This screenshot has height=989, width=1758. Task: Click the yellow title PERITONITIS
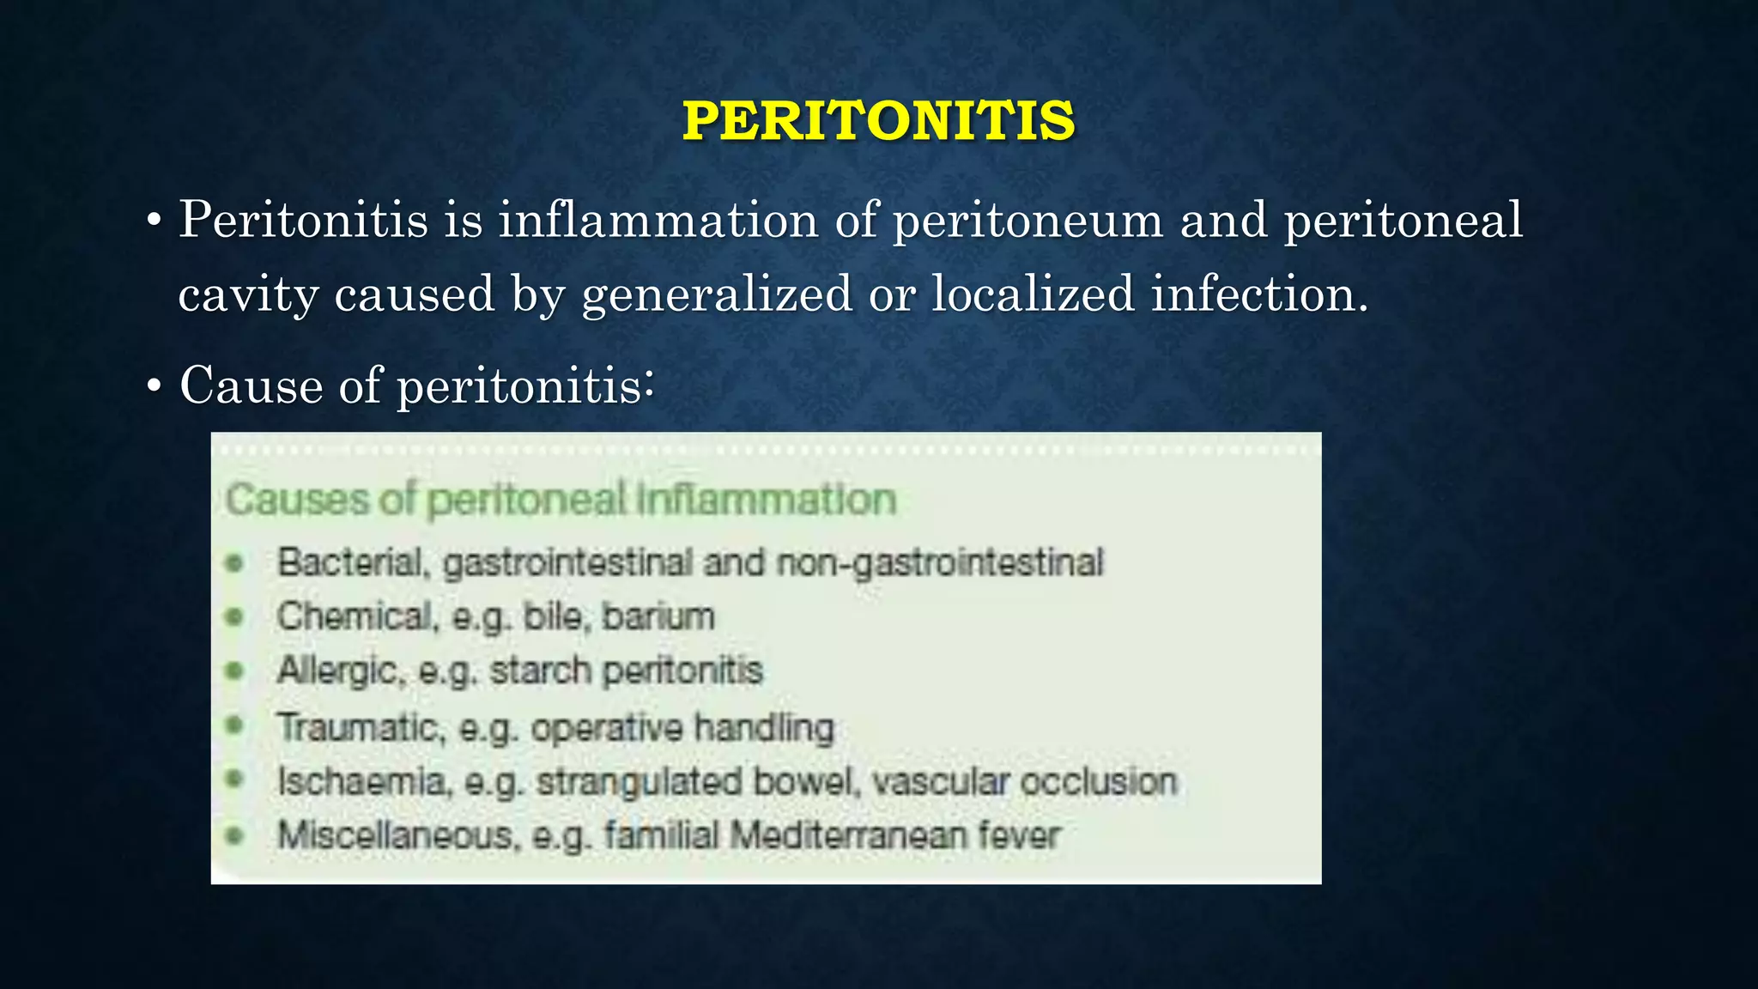[x=878, y=121]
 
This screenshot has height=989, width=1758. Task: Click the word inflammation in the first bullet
[x=658, y=220]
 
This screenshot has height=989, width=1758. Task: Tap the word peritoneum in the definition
[x=1028, y=221]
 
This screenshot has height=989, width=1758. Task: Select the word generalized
[x=717, y=294]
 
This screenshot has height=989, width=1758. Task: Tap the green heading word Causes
[x=297, y=500]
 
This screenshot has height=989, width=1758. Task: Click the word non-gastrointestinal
[x=939, y=563]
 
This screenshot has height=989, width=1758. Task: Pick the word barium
[x=658, y=616]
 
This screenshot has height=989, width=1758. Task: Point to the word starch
[x=540, y=670]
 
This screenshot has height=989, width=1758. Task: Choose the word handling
[x=764, y=727]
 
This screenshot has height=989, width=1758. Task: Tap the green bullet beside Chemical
[x=234, y=616]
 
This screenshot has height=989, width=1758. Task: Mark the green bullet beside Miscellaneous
[x=234, y=834]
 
